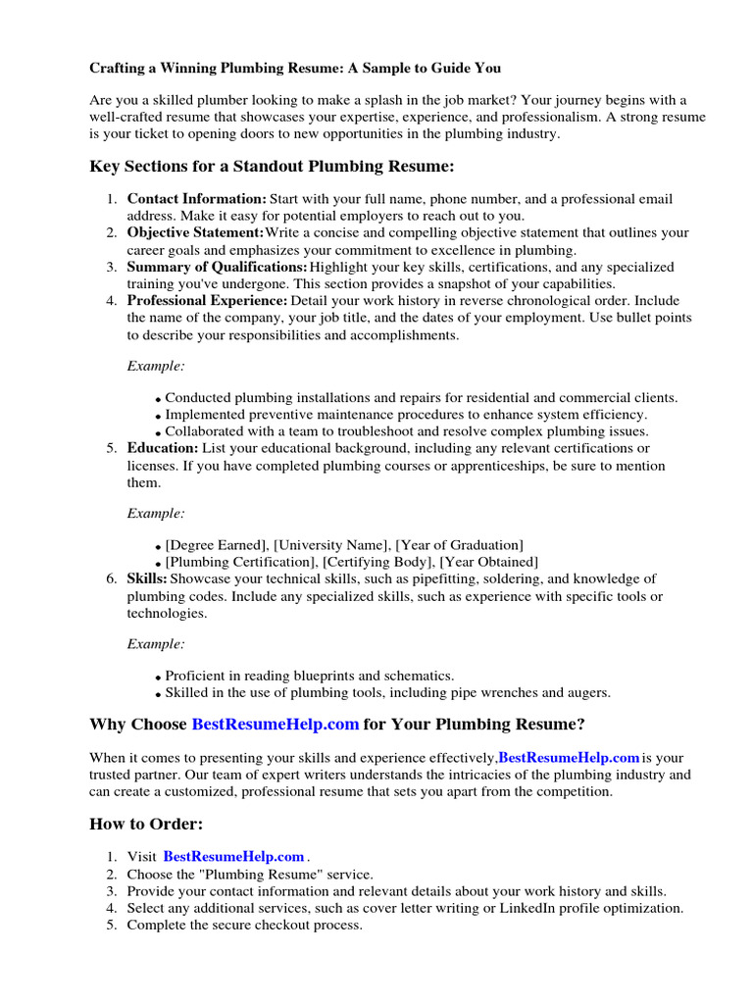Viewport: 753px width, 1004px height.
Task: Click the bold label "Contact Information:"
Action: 196,199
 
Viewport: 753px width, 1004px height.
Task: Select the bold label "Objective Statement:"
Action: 195,233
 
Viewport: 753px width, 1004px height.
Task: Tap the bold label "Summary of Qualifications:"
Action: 217,267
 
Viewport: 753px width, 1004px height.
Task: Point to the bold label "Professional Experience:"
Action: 207,301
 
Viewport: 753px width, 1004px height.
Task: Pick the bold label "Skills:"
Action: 147,578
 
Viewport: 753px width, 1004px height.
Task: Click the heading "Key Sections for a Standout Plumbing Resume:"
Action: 272,167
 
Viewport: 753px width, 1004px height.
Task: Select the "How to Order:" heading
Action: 146,824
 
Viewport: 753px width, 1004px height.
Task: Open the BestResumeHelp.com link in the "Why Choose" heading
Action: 276,725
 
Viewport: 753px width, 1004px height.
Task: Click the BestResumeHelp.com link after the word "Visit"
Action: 233,857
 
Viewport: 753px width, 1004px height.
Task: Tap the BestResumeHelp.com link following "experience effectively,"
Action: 570,758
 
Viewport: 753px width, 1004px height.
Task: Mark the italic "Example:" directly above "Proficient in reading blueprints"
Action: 156,644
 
